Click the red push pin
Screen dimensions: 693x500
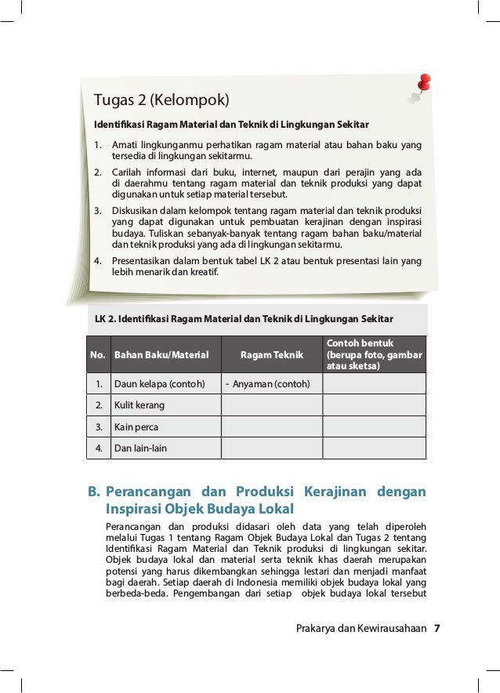[x=424, y=82]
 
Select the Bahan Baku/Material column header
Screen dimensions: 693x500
[x=162, y=355]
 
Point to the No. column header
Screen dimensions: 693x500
[x=98, y=355]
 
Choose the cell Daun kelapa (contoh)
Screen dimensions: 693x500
[x=160, y=384]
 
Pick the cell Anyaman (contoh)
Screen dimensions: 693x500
[x=271, y=384]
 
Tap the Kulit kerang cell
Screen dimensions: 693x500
[x=139, y=405]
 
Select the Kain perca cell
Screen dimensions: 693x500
[x=136, y=427]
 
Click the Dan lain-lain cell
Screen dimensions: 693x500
[x=141, y=448]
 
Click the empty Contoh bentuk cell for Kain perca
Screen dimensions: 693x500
[x=374, y=427]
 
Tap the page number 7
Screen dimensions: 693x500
[x=437, y=628]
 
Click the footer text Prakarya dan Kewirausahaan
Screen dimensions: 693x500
[x=361, y=628]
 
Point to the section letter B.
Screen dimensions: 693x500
[x=92, y=492]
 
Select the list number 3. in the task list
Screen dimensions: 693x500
[x=99, y=211]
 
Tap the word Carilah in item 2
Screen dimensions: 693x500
[x=127, y=172]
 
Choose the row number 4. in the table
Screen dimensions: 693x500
[x=99, y=448]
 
